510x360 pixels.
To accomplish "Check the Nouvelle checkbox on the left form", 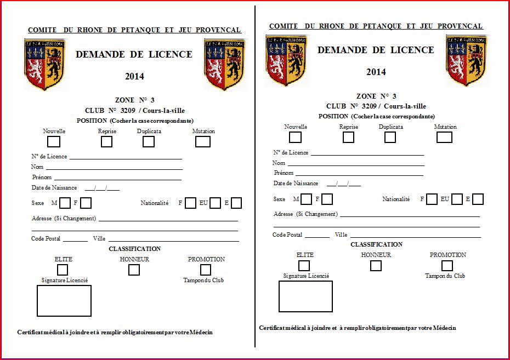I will tap(54, 142).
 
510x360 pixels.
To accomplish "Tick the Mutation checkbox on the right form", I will tap(444, 137).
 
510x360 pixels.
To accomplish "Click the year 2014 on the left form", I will tap(134, 77).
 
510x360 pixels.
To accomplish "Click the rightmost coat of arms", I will tap(467, 60).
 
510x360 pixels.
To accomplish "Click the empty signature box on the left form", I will tap(64, 300).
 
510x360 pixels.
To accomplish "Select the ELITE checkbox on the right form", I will tap(303, 266).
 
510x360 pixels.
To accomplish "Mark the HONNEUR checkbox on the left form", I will tap(134, 270).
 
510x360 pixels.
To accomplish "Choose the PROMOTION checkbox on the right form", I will tap(447, 266).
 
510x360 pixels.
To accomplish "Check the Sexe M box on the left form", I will tap(65, 203).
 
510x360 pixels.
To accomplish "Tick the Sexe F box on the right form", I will tap(327, 199).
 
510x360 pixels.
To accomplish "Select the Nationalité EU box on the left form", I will tap(215, 203).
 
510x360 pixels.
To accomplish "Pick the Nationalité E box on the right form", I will tap(478, 199).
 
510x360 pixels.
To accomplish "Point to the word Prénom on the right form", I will tap(284, 173).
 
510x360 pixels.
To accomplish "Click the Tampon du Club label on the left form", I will tap(203, 281).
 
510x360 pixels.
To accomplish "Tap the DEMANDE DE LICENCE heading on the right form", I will tap(376, 50).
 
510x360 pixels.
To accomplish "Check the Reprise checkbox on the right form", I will tap(348, 138).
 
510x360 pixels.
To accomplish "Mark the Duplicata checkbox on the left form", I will tap(149, 141).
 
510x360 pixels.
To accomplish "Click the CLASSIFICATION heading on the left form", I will tap(134, 249).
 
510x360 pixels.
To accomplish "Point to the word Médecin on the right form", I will tap(444, 328).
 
